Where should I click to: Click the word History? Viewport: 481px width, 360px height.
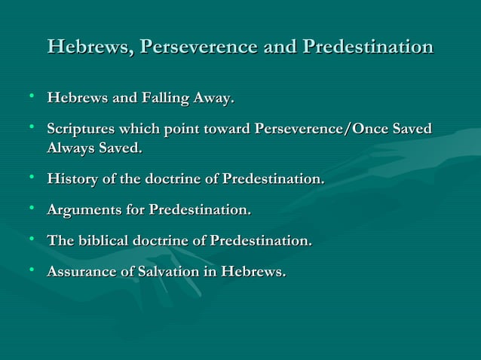click(72, 180)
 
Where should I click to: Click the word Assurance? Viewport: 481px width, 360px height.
click(82, 273)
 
